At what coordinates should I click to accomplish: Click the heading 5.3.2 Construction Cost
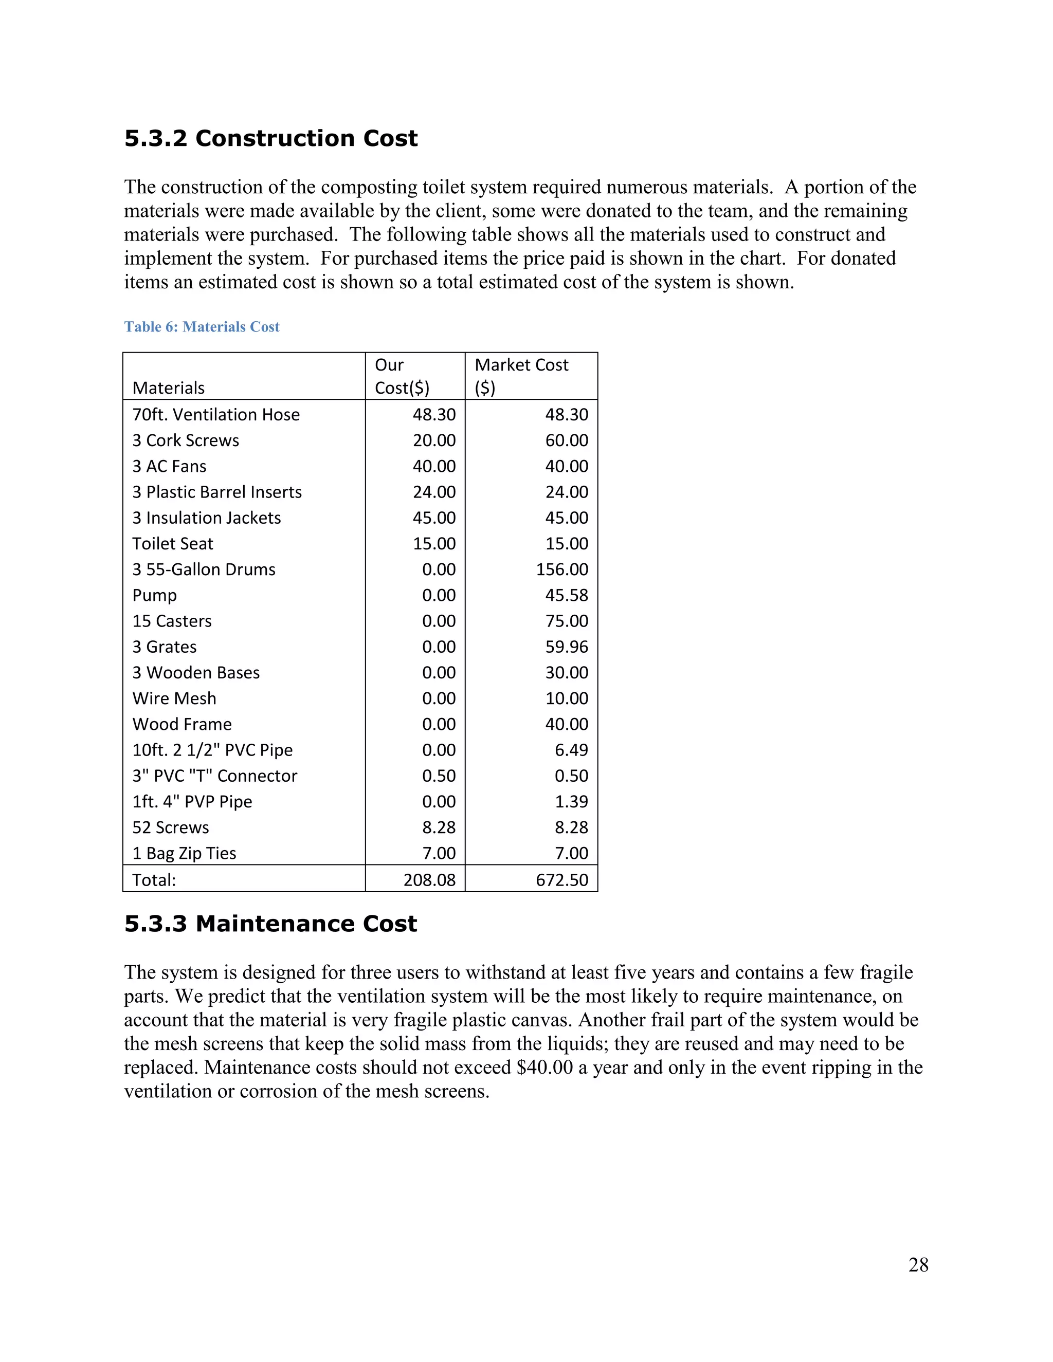(x=271, y=138)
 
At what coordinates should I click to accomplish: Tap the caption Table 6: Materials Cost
(x=202, y=327)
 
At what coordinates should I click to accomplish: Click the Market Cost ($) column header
(x=521, y=376)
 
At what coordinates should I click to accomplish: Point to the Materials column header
(x=169, y=388)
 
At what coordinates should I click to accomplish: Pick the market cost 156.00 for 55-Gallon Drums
(x=561, y=569)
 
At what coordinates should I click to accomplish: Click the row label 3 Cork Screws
(x=185, y=440)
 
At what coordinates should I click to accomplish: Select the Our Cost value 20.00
(x=434, y=440)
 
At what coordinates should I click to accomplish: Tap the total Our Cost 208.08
(x=429, y=880)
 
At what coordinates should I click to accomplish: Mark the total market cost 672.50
(x=561, y=880)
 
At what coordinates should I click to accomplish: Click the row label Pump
(x=155, y=596)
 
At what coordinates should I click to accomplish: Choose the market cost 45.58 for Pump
(x=567, y=595)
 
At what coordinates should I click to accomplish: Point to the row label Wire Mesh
(x=174, y=698)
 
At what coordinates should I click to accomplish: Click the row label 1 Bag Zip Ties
(x=184, y=853)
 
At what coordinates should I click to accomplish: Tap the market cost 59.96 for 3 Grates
(x=567, y=647)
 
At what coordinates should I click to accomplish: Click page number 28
(x=918, y=1265)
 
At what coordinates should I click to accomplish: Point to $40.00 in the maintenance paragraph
(x=544, y=1067)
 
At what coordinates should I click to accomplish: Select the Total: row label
(x=154, y=880)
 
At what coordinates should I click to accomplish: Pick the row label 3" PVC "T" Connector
(x=214, y=776)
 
